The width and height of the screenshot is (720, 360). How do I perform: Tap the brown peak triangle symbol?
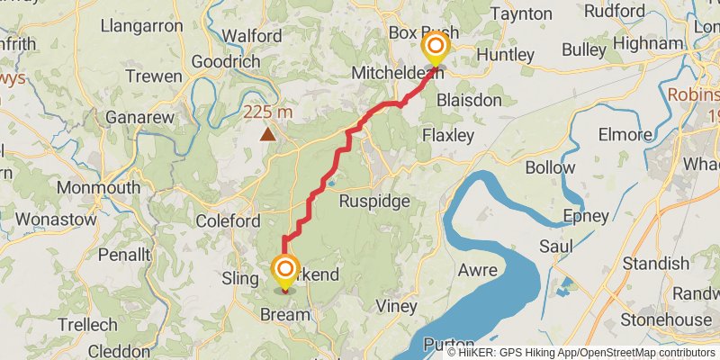click(x=267, y=134)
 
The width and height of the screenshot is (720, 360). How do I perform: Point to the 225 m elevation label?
click(x=268, y=112)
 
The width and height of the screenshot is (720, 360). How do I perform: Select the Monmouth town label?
click(x=98, y=188)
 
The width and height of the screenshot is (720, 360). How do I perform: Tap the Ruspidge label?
click(x=374, y=202)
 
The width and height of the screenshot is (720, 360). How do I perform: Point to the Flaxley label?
click(x=447, y=136)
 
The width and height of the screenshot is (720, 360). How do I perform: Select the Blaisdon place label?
click(x=468, y=100)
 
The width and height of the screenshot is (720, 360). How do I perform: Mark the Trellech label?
click(x=87, y=324)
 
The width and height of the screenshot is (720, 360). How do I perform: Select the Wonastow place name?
click(x=43, y=219)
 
